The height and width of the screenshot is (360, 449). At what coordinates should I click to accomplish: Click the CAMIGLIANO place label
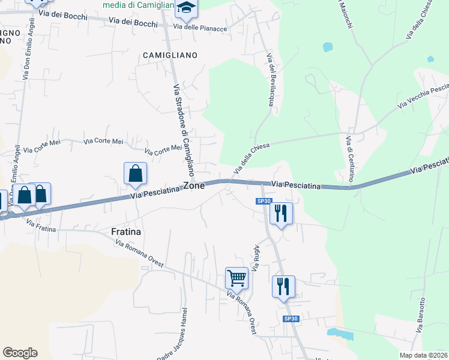170,55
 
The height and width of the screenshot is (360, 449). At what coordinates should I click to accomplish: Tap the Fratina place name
125,231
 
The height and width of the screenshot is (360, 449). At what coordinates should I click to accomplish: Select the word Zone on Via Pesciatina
194,186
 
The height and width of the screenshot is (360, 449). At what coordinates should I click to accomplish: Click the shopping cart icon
237,278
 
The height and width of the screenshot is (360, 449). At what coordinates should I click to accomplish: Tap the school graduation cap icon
186,8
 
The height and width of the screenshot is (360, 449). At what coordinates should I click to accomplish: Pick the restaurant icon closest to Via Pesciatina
281,213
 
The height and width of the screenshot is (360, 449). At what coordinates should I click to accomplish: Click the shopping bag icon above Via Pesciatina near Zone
136,173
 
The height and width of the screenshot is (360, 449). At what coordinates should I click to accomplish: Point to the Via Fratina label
41,226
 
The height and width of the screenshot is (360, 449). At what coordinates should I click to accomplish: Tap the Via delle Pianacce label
200,28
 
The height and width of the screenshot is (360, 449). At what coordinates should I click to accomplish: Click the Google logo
20,353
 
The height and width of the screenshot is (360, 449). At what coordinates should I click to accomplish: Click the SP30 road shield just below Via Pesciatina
264,201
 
